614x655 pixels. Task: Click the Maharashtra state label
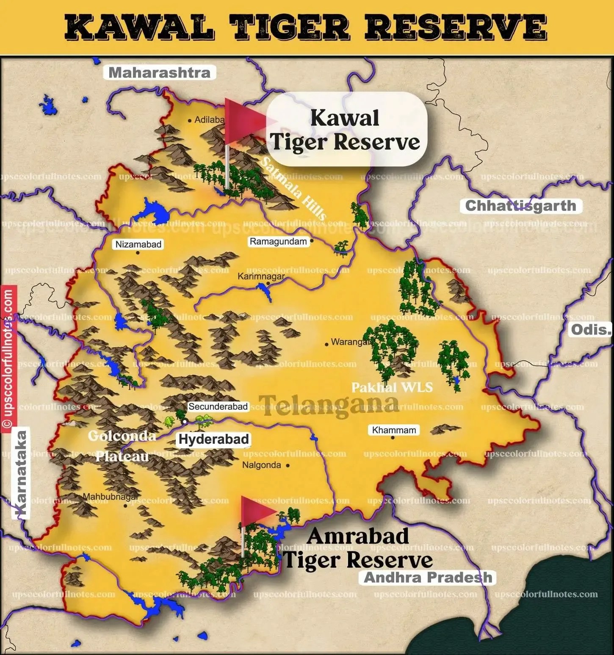pyautogui.click(x=160, y=72)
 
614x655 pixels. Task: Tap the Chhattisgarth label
pyautogui.click(x=520, y=206)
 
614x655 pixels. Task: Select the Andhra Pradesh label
pyautogui.click(x=428, y=578)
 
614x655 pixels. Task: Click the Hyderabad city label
pyautogui.click(x=213, y=439)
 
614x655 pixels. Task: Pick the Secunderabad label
pyautogui.click(x=218, y=406)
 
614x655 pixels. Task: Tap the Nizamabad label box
pyautogui.click(x=138, y=244)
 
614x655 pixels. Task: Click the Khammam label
pyautogui.click(x=394, y=430)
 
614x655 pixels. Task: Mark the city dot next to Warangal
pyautogui.click(x=326, y=344)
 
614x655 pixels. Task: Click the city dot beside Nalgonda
pyautogui.click(x=288, y=465)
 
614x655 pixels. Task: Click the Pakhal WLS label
pyautogui.click(x=392, y=387)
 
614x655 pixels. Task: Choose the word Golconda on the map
pyautogui.click(x=122, y=436)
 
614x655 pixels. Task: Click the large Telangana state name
pyautogui.click(x=329, y=404)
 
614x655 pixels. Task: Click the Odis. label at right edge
pyautogui.click(x=591, y=329)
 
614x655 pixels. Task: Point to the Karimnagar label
pyautogui.click(x=261, y=276)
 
